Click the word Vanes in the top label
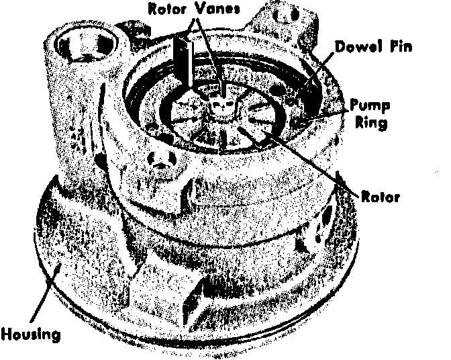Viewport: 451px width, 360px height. pos(217,9)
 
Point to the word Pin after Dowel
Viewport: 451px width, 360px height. pos(401,46)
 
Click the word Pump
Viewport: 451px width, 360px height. pos(370,106)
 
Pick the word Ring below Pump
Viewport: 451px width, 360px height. pos(371,123)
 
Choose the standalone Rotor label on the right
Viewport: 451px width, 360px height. pos(381,197)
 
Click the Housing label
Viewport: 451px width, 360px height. pos(31,335)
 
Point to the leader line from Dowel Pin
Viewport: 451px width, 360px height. pos(319,69)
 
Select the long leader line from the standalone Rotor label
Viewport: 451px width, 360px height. pos(300,163)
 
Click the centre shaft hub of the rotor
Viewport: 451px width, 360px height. pos(222,106)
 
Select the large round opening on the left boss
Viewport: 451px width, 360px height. pos(86,47)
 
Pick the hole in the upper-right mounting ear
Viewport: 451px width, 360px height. pos(286,14)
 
